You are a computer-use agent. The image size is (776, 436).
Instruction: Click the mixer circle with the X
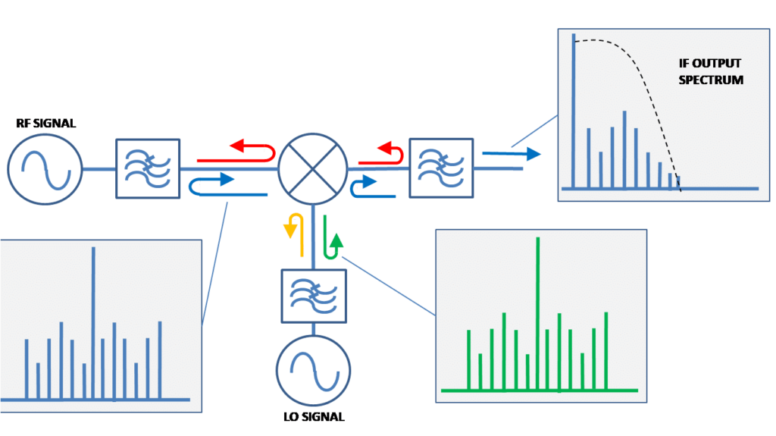pos(313,169)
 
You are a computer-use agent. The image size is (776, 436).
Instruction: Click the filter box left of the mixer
pos(148,168)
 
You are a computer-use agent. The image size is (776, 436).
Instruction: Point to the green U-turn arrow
pos(331,236)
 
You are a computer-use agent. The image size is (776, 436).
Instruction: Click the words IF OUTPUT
pos(709,64)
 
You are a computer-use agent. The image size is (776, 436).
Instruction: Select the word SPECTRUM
pos(710,80)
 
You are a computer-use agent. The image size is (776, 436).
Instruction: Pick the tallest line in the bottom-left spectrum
pos(93,322)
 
